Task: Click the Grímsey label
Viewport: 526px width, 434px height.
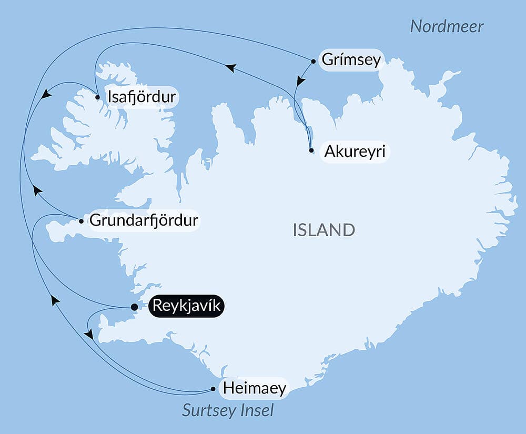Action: (350, 60)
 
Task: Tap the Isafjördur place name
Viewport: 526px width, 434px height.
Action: (141, 97)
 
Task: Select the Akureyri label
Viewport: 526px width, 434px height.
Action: (355, 152)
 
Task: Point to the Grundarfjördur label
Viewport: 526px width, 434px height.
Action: (144, 220)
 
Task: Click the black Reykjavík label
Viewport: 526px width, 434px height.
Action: (187, 306)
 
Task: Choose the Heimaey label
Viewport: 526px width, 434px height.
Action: (255, 389)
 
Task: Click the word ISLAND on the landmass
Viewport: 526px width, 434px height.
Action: (323, 230)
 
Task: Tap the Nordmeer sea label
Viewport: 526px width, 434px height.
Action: (447, 27)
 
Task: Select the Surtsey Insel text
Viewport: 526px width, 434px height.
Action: (228, 410)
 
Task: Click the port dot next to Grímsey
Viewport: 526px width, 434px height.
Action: (313, 61)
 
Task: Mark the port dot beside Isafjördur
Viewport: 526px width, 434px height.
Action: (98, 97)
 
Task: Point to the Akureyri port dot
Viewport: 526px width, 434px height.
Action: (311, 150)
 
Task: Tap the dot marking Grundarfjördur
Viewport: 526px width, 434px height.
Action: (81, 221)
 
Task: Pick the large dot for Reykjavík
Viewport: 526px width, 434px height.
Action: (134, 307)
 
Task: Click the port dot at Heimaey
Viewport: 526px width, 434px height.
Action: (213, 389)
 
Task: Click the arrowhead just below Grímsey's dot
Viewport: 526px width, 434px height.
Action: (300, 81)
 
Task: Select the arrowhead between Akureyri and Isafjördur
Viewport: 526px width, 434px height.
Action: (230, 67)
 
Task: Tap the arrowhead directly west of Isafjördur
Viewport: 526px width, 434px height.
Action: (46, 94)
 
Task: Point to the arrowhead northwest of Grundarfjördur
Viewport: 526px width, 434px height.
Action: (37, 190)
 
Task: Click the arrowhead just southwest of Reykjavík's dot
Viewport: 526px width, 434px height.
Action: (89, 334)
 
